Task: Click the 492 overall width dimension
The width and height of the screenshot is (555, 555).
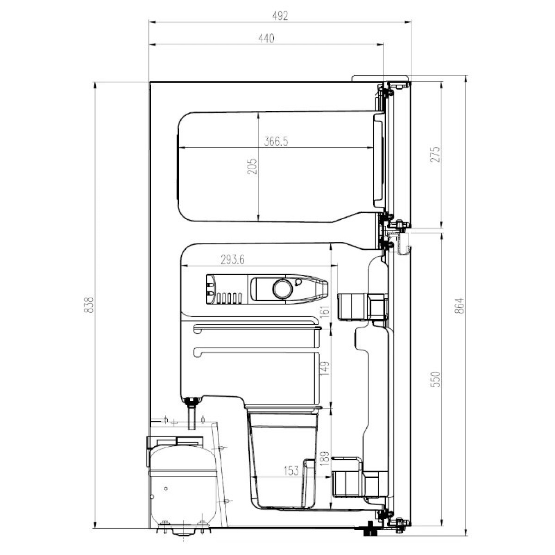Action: pos(280,16)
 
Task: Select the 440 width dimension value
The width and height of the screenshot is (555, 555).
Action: pos(266,38)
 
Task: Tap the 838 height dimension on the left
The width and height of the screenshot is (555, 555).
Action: pos(89,305)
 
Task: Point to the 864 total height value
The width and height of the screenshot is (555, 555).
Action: pos(460,306)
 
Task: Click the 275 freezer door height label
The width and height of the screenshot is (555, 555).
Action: pos(436,154)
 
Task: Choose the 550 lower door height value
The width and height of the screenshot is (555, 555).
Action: pos(436,379)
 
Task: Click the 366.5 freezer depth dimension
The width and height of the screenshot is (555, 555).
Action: pos(276,142)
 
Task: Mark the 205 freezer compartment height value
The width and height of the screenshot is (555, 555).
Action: pos(252,166)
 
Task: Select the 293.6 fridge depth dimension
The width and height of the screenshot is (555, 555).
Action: pos(233,260)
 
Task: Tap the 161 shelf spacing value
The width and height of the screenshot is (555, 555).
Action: pos(325,312)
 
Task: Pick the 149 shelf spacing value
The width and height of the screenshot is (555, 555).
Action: pos(325,368)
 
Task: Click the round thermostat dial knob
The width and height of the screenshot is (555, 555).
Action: pos(283,289)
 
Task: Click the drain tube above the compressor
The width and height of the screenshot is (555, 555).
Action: pos(192,413)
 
